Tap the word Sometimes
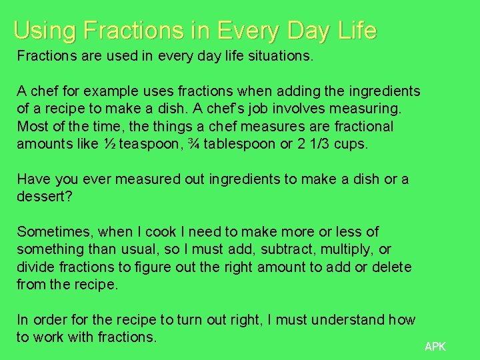55,232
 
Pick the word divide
35,267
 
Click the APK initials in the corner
435,347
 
